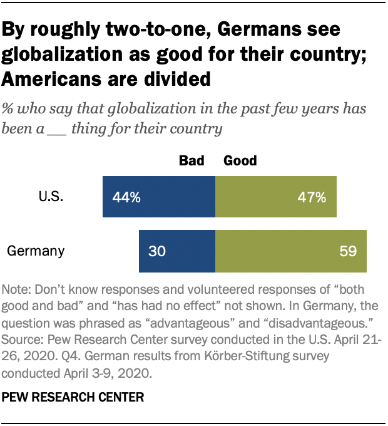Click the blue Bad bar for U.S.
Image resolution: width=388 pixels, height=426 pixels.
[158, 197]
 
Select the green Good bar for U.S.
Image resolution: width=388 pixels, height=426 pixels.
[275, 197]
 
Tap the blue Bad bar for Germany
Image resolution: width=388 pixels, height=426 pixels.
[176, 251]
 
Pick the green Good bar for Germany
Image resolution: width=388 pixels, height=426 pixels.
[291, 251]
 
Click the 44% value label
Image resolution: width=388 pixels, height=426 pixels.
[126, 198]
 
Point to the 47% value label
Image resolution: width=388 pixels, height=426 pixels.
[312, 198]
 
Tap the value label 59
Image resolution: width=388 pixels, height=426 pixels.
[348, 252]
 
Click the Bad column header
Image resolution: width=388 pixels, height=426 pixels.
[191, 161]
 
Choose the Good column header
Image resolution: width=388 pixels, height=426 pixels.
[240, 161]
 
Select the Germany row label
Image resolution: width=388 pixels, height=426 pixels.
[36, 251]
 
